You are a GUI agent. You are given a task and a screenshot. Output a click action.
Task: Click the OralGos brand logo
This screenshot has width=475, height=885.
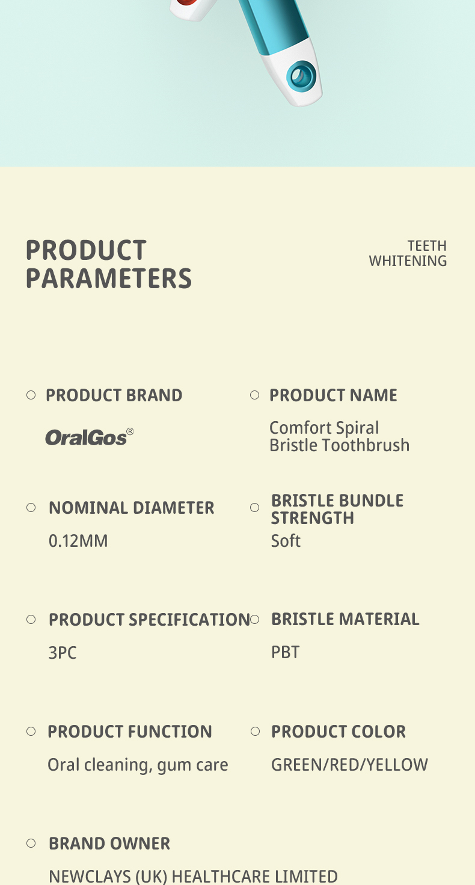[89, 437]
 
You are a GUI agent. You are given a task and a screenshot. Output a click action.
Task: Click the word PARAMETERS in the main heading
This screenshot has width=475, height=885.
[109, 279]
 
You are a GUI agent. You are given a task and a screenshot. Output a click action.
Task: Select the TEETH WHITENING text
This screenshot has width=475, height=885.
[408, 253]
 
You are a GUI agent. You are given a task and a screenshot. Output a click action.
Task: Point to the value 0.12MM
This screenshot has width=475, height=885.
[78, 541]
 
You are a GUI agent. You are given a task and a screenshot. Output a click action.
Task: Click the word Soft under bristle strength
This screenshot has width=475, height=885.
[286, 541]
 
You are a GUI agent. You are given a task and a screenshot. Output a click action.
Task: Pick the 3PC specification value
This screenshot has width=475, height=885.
[63, 653]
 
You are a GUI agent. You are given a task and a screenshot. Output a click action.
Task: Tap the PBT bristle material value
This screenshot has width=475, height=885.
[285, 652]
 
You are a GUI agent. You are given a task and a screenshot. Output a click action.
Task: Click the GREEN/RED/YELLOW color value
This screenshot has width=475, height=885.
[349, 765]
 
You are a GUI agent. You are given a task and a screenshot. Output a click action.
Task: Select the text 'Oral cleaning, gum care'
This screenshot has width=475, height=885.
[138, 765]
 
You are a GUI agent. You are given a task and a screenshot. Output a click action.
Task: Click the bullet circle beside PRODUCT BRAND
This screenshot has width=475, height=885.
[31, 395]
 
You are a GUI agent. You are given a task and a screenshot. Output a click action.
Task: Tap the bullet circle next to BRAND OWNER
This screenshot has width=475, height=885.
[31, 843]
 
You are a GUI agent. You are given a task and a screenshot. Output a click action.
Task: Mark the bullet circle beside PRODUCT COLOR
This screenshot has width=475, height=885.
[255, 732]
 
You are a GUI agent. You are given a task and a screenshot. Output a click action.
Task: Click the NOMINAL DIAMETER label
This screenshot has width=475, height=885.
[132, 508]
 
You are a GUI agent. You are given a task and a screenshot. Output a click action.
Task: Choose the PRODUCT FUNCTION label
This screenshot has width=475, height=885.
[130, 732]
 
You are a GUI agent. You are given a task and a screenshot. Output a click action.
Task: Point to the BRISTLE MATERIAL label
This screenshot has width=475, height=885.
[345, 619]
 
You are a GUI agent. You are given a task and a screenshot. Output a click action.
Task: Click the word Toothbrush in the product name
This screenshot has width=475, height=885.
[366, 445]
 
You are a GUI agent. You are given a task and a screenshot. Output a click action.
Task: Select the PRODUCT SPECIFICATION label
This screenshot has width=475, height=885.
[149, 620]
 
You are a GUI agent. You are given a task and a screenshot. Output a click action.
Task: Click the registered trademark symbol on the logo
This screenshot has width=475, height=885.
[130, 431]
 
